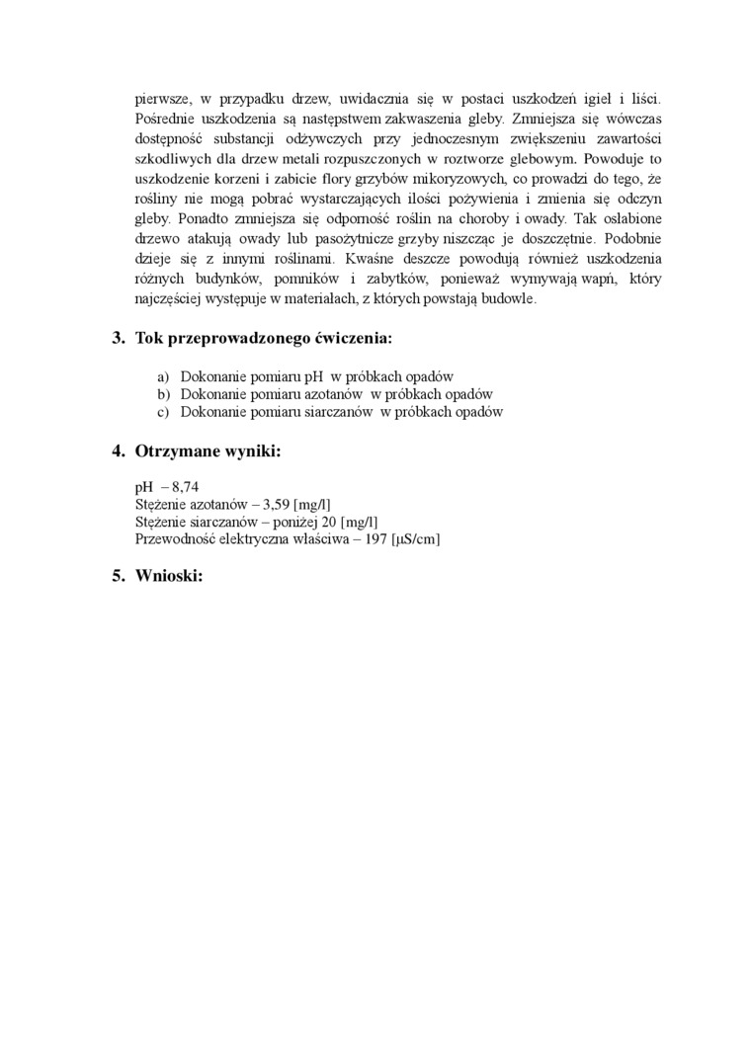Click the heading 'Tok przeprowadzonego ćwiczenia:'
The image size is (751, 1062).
[x=263, y=339]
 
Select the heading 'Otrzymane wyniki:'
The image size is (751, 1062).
[x=208, y=451]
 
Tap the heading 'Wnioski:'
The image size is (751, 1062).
[x=169, y=576]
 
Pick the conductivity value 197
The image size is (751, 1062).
[x=375, y=538]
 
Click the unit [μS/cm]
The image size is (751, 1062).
[x=416, y=538]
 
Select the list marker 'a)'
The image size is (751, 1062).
[x=163, y=376]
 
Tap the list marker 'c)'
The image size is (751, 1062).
[x=163, y=411]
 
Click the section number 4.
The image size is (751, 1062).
[x=118, y=451]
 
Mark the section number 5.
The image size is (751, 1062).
[x=118, y=576]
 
